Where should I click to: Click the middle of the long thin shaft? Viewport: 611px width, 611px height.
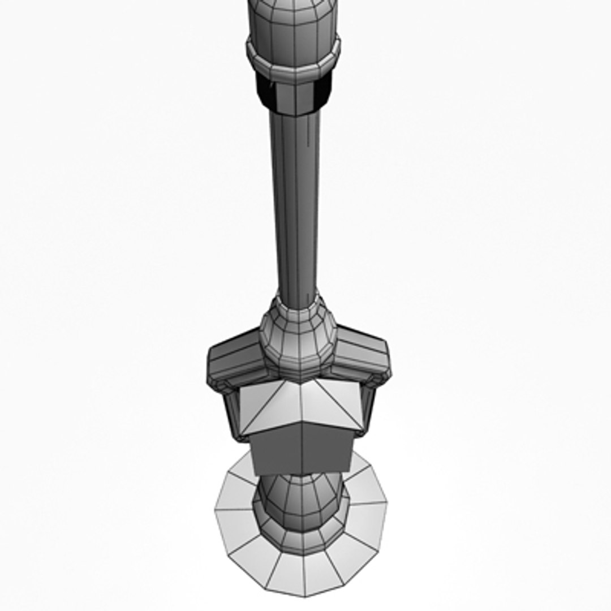pos(298,204)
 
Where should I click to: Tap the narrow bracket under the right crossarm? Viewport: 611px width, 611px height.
pos(368,407)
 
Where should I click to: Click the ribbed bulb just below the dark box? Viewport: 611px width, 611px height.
pos(297,498)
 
